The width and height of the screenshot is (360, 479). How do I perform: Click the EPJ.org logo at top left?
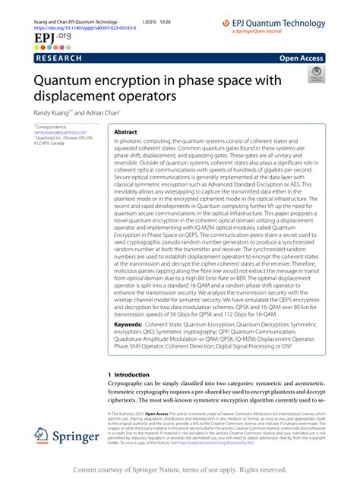[x=47, y=36]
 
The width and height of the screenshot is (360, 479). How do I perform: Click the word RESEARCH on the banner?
[x=60, y=57]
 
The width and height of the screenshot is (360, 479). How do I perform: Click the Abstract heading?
[x=125, y=131]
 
